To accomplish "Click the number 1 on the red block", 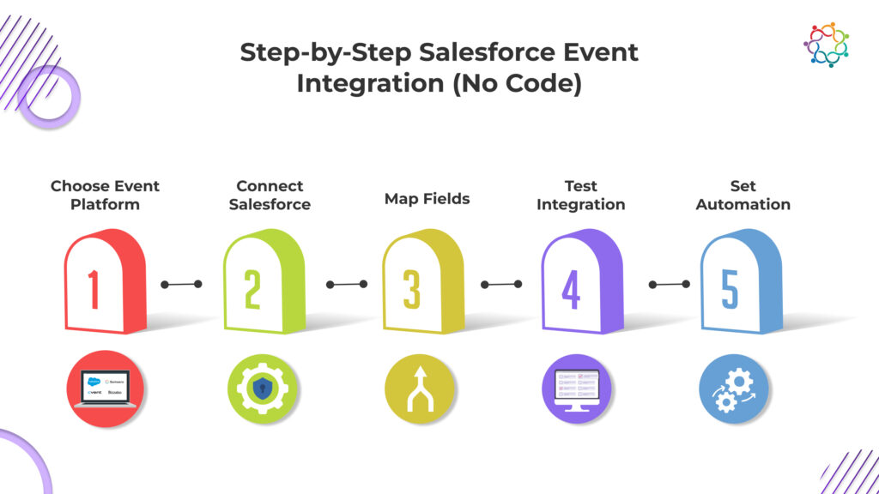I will coord(94,289).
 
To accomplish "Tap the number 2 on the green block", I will coord(252,289).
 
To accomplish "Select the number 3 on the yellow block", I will coord(412,289).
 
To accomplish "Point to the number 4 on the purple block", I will coord(571,289).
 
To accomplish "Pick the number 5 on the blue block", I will coord(730,289).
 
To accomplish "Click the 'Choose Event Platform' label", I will coord(105,195).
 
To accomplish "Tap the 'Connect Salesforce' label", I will coord(270,195).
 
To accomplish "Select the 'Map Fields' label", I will coord(427,199).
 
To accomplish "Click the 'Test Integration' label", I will coord(581,195).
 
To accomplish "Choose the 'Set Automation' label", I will coord(743,195).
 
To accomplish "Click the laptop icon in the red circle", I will coord(105,389).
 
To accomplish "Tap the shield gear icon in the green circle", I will coord(264,389).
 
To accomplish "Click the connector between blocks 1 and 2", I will coord(180,284).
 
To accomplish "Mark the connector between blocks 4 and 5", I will coord(669,284).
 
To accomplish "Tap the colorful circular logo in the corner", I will coord(826,45).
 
